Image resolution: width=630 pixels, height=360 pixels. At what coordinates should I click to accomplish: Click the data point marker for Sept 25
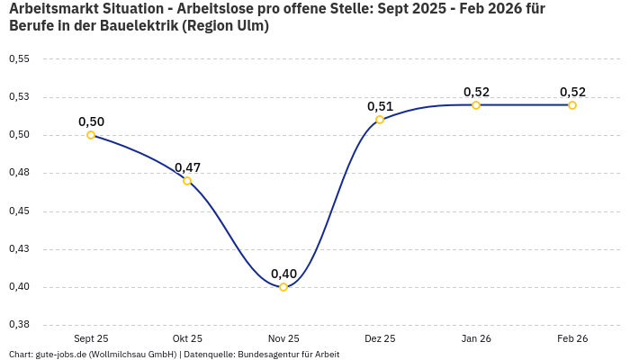tap(91, 135)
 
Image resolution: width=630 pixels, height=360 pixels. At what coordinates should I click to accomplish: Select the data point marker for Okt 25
tap(187, 181)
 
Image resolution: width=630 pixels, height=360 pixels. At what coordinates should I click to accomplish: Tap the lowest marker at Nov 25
tap(283, 287)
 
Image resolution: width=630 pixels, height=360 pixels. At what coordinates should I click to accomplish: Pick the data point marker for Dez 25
tap(380, 120)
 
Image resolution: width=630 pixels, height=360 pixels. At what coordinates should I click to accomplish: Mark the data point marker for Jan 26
tap(476, 105)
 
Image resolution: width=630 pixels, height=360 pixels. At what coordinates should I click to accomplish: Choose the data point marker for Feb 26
tap(572, 105)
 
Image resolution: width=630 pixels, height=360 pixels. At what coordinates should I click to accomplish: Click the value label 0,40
tap(283, 274)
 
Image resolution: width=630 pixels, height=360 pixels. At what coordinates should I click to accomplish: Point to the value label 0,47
tap(187, 167)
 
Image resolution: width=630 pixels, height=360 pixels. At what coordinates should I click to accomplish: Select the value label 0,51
tap(380, 106)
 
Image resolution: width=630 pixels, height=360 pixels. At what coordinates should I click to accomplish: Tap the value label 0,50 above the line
tap(91, 121)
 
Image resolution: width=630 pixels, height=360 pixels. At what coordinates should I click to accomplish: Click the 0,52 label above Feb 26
tap(572, 92)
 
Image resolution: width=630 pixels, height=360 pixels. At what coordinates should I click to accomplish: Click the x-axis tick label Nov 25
tap(283, 338)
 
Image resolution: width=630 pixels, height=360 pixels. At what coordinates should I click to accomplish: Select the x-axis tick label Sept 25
tap(91, 338)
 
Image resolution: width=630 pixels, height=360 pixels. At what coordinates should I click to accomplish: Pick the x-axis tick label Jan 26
tap(476, 338)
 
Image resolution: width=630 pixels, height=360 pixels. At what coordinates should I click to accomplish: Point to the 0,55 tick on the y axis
tap(19, 58)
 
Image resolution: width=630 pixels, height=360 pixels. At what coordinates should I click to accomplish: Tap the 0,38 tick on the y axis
tap(19, 325)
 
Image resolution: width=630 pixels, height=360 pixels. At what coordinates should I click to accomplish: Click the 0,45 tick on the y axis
tap(19, 211)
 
